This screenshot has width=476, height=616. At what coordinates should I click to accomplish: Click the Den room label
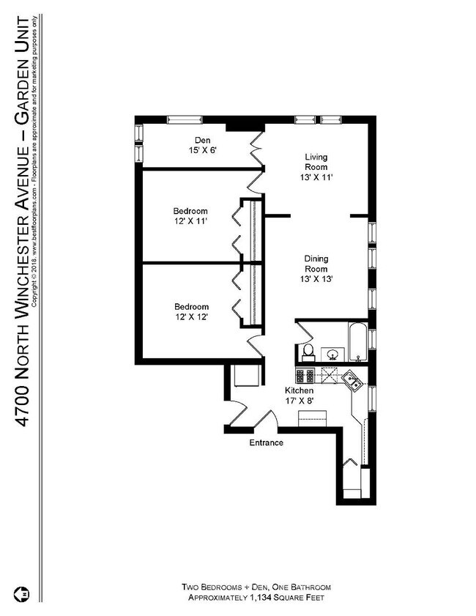202,140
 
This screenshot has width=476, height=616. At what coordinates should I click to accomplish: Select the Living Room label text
316,162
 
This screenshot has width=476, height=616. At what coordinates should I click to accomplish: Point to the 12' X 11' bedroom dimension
191,221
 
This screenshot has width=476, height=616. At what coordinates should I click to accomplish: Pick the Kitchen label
299,391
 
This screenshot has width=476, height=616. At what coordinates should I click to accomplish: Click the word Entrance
266,442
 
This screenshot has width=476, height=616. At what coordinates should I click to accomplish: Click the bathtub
358,341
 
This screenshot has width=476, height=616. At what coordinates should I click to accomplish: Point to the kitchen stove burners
305,376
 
